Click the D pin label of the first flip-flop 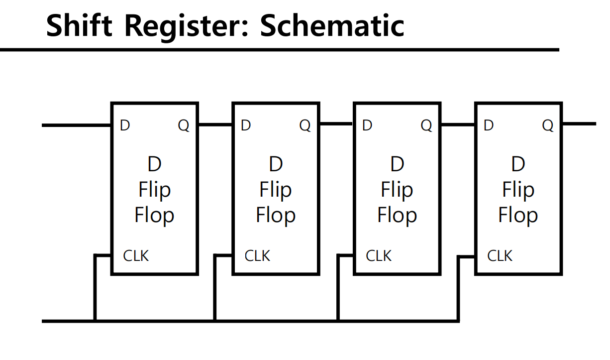(125, 125)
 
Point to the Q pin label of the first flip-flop (184, 126)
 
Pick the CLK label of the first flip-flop (136, 256)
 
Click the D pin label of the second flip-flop (246, 125)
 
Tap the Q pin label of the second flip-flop (305, 126)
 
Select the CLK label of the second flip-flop (257, 256)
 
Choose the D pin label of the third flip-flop (367, 125)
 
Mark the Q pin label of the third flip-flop (426, 126)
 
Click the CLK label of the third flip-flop (379, 256)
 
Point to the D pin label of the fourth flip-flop (489, 125)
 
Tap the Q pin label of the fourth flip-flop (548, 126)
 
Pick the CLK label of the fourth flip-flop (500, 256)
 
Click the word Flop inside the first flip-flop (154, 215)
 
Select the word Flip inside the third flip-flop (397, 190)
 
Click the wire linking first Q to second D (215, 124)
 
